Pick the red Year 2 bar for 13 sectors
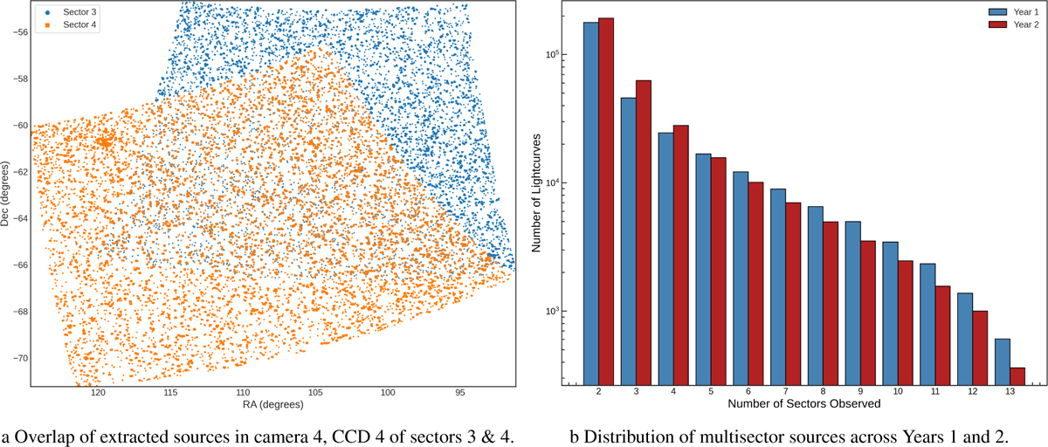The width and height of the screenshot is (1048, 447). (1017, 375)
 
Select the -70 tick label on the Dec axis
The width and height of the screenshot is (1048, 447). (16, 358)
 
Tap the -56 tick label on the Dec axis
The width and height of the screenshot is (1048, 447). (16, 31)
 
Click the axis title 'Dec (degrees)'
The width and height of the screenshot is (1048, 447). (6, 194)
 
